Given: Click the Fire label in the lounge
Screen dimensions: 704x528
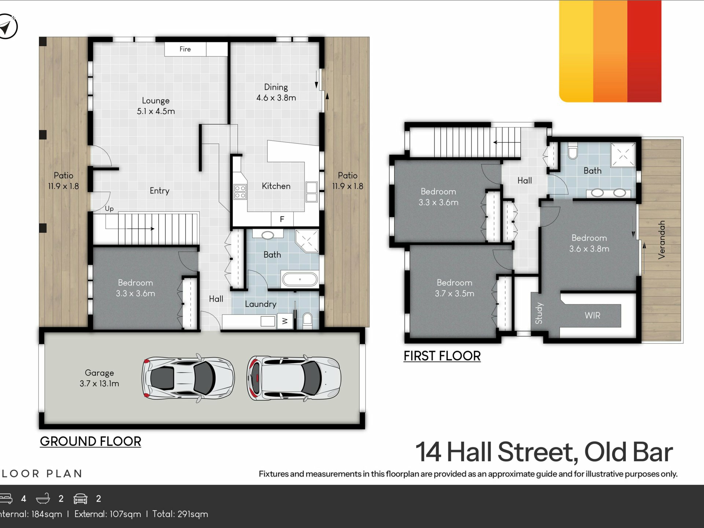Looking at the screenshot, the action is point(185,49).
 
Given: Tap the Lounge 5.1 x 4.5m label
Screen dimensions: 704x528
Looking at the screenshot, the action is point(156,106).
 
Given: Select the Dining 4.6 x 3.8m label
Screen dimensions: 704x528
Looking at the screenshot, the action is point(276,92).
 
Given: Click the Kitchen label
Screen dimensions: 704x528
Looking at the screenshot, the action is point(276,186).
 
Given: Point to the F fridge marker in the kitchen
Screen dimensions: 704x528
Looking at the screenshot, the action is point(282,219).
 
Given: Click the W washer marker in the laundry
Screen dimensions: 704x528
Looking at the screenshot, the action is point(285,321).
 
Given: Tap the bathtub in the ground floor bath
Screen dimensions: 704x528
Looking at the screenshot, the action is point(300,279).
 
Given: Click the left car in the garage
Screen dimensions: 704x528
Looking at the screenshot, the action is point(188,378).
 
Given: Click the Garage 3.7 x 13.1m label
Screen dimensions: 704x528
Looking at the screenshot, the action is point(99,378).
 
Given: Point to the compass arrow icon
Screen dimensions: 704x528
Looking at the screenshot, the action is point(6,26).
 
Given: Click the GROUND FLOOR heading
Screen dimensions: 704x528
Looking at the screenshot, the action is point(91,441).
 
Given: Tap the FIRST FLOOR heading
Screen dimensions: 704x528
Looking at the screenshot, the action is point(442,356).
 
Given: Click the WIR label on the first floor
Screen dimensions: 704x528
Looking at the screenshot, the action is point(593,315).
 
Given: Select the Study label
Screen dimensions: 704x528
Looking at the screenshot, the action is point(539,313).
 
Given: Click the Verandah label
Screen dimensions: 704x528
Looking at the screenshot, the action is point(661,240).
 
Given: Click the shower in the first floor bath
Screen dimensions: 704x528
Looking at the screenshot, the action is point(623,155).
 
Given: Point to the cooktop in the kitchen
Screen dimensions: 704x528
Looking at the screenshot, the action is point(240,191).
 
